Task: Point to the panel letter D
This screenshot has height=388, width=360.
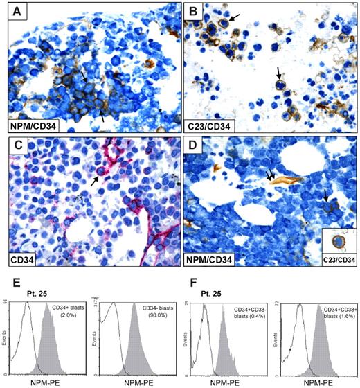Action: coord(195,148)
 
